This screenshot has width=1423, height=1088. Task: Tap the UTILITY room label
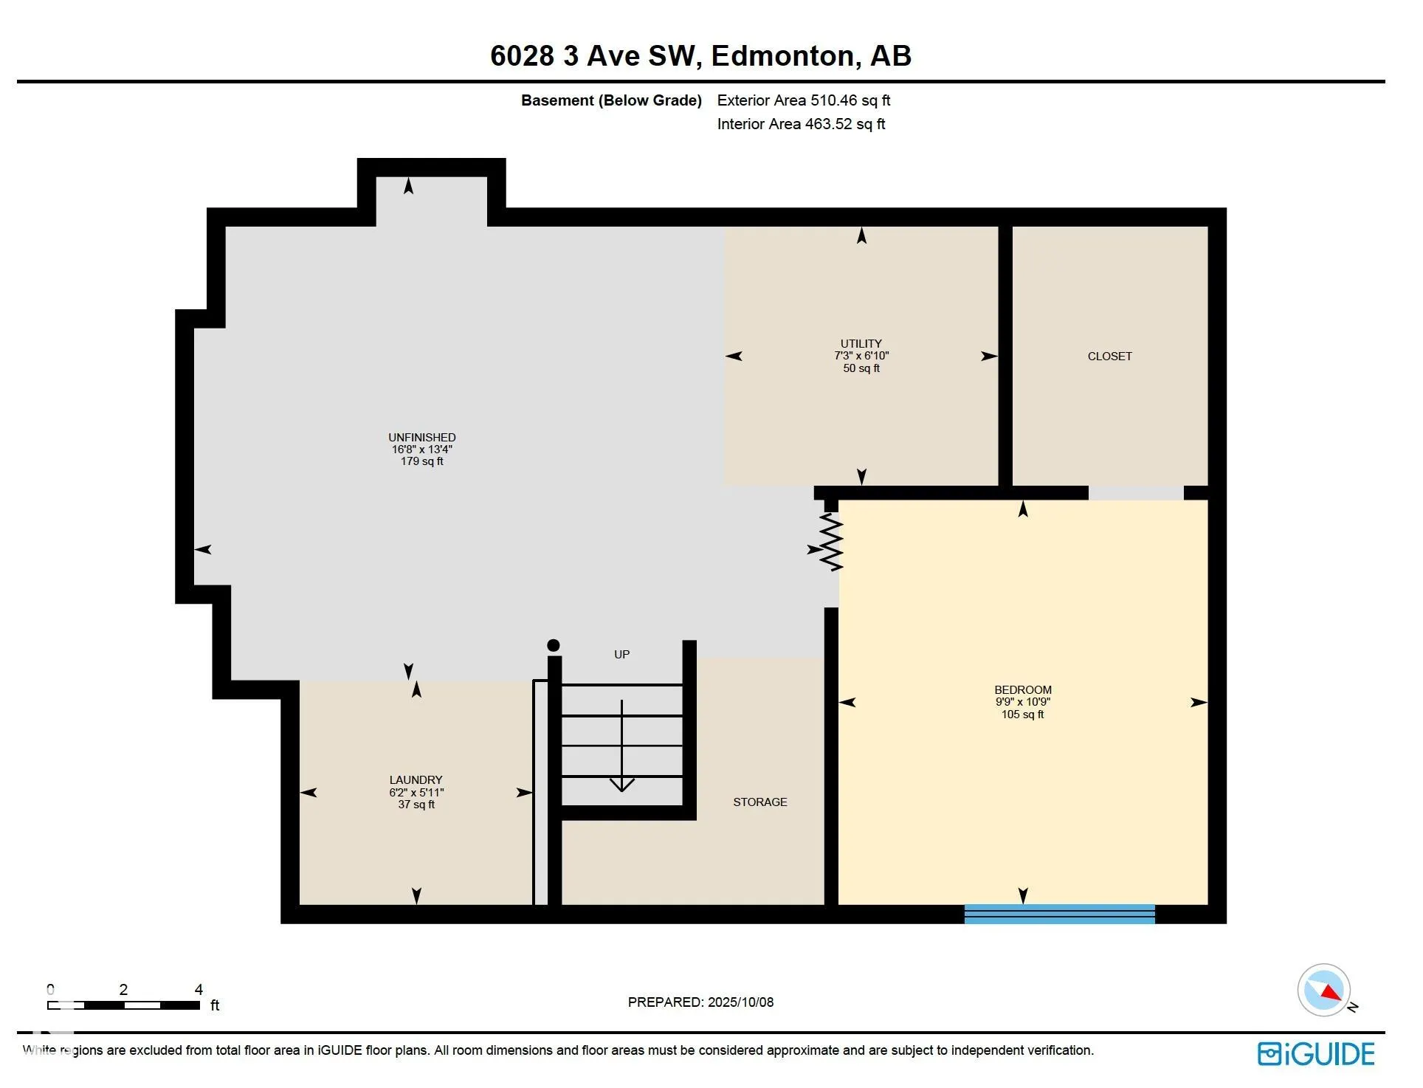click(861, 344)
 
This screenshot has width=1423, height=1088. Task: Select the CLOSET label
click(1109, 357)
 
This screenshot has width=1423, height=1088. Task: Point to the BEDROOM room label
click(1023, 690)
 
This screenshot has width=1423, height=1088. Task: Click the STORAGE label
click(760, 802)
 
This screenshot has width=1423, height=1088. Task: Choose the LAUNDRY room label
click(416, 780)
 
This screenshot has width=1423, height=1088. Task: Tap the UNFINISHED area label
click(422, 438)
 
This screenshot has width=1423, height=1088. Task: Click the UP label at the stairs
click(622, 655)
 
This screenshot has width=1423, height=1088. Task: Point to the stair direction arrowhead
click(622, 784)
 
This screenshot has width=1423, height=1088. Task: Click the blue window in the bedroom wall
click(1060, 914)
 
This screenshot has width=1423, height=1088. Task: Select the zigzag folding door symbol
click(832, 543)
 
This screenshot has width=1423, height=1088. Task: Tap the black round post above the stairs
click(554, 646)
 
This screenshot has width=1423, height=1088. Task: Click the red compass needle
click(1331, 992)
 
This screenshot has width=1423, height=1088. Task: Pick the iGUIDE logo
click(1316, 1054)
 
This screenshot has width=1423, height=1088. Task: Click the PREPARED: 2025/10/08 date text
click(700, 1002)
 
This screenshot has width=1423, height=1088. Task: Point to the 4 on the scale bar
click(199, 990)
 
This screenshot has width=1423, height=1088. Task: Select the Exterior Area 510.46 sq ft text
click(804, 100)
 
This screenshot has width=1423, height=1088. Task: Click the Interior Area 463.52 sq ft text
click(801, 124)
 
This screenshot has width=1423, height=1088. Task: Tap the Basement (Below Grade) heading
click(611, 100)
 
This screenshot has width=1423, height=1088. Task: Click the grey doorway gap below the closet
click(1136, 493)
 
